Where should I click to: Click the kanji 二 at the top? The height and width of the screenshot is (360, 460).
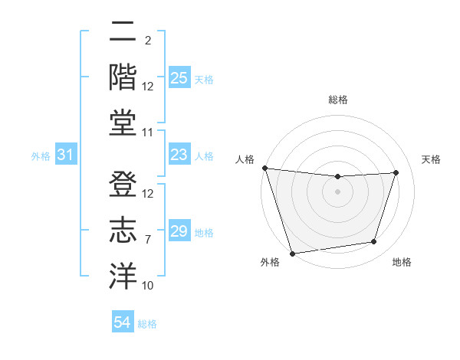(x=123, y=33)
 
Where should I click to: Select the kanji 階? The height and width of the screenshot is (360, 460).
(x=123, y=77)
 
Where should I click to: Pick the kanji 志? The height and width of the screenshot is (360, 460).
(x=123, y=230)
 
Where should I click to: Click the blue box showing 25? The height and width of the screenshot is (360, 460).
(x=179, y=78)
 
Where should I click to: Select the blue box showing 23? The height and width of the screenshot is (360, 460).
(x=179, y=155)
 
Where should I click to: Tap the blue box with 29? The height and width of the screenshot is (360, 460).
(x=179, y=231)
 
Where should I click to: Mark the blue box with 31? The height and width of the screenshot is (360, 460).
(x=66, y=155)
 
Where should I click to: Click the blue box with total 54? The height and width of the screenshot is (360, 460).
(x=122, y=322)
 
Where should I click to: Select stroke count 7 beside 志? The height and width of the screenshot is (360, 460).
(x=147, y=238)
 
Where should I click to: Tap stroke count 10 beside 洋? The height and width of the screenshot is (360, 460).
(x=148, y=285)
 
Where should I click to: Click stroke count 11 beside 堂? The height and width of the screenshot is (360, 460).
(x=148, y=133)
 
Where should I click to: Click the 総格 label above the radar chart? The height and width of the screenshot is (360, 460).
(x=337, y=100)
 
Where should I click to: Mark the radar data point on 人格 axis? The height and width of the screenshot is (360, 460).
(x=264, y=168)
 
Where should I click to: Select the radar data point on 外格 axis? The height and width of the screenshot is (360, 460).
(x=292, y=253)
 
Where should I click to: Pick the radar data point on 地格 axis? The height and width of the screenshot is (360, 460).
(x=374, y=242)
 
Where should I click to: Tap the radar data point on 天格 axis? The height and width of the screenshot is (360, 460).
(x=396, y=172)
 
